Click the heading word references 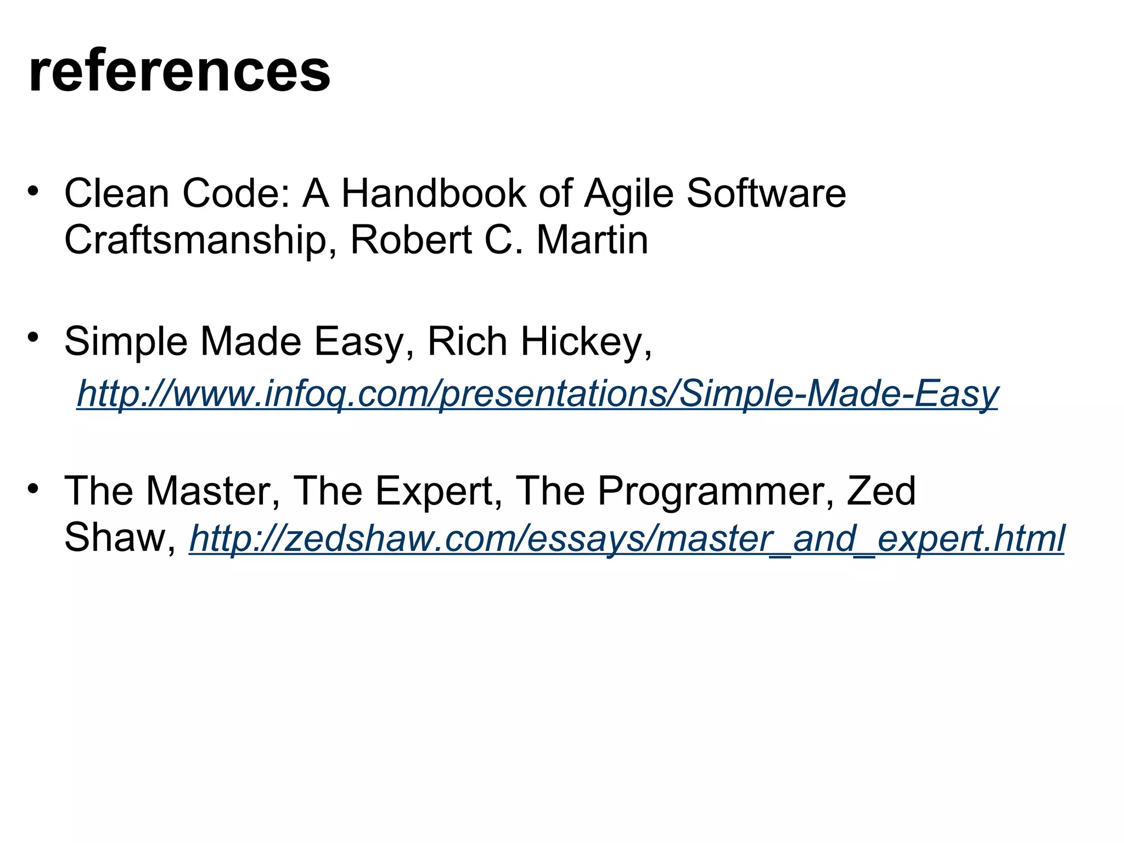[x=179, y=71]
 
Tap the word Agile [x=628, y=194]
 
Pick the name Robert [x=411, y=240]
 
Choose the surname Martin [x=592, y=240]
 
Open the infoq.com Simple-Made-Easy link [x=537, y=394]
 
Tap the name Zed [x=881, y=491]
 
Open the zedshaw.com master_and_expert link [x=627, y=539]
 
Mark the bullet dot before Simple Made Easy [x=33, y=336]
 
